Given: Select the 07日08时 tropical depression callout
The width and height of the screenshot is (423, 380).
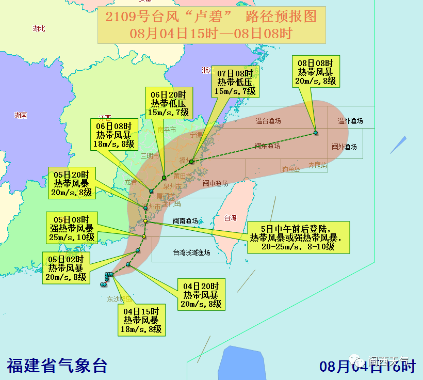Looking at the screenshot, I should pyautogui.click(x=235, y=82).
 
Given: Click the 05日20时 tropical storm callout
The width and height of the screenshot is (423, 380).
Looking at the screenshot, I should pyautogui.click(x=73, y=183).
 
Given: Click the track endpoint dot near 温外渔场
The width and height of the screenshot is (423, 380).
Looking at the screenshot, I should pyautogui.click(x=316, y=133).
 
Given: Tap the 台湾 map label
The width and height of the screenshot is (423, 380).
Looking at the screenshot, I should pyautogui.click(x=230, y=218).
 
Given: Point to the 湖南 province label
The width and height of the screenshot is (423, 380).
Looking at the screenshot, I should pyautogui.click(x=21, y=115).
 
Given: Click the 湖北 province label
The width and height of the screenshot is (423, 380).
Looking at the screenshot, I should pyautogui.click(x=39, y=28).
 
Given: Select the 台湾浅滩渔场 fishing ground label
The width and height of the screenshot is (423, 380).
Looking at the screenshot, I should pyautogui.click(x=191, y=252).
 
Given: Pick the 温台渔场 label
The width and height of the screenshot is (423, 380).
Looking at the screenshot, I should pyautogui.click(x=268, y=121).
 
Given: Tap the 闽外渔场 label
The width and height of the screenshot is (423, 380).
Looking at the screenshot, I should pyautogui.click(x=344, y=147).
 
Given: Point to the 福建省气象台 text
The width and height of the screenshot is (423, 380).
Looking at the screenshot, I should pyautogui.click(x=57, y=365).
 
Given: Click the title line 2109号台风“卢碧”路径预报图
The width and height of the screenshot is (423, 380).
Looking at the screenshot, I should pyautogui.click(x=211, y=17).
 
